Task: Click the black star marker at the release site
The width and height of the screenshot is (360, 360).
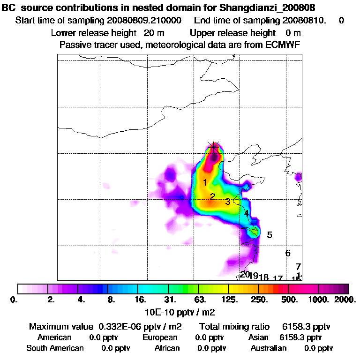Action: [214, 147]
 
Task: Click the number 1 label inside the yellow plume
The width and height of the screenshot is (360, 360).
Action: [205, 182]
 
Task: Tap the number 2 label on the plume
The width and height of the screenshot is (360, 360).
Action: [212, 196]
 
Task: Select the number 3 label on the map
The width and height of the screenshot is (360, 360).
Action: [228, 202]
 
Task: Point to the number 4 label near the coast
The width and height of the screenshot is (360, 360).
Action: [246, 214]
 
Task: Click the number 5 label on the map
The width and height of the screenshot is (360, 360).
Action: [270, 235]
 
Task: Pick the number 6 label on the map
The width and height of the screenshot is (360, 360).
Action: [288, 253]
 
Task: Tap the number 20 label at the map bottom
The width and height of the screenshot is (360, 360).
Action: [245, 275]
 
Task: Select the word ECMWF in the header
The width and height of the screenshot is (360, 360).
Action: [283, 45]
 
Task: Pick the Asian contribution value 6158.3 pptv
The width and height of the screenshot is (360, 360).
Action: [300, 337]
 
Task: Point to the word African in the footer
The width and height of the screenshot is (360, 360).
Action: [167, 348]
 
